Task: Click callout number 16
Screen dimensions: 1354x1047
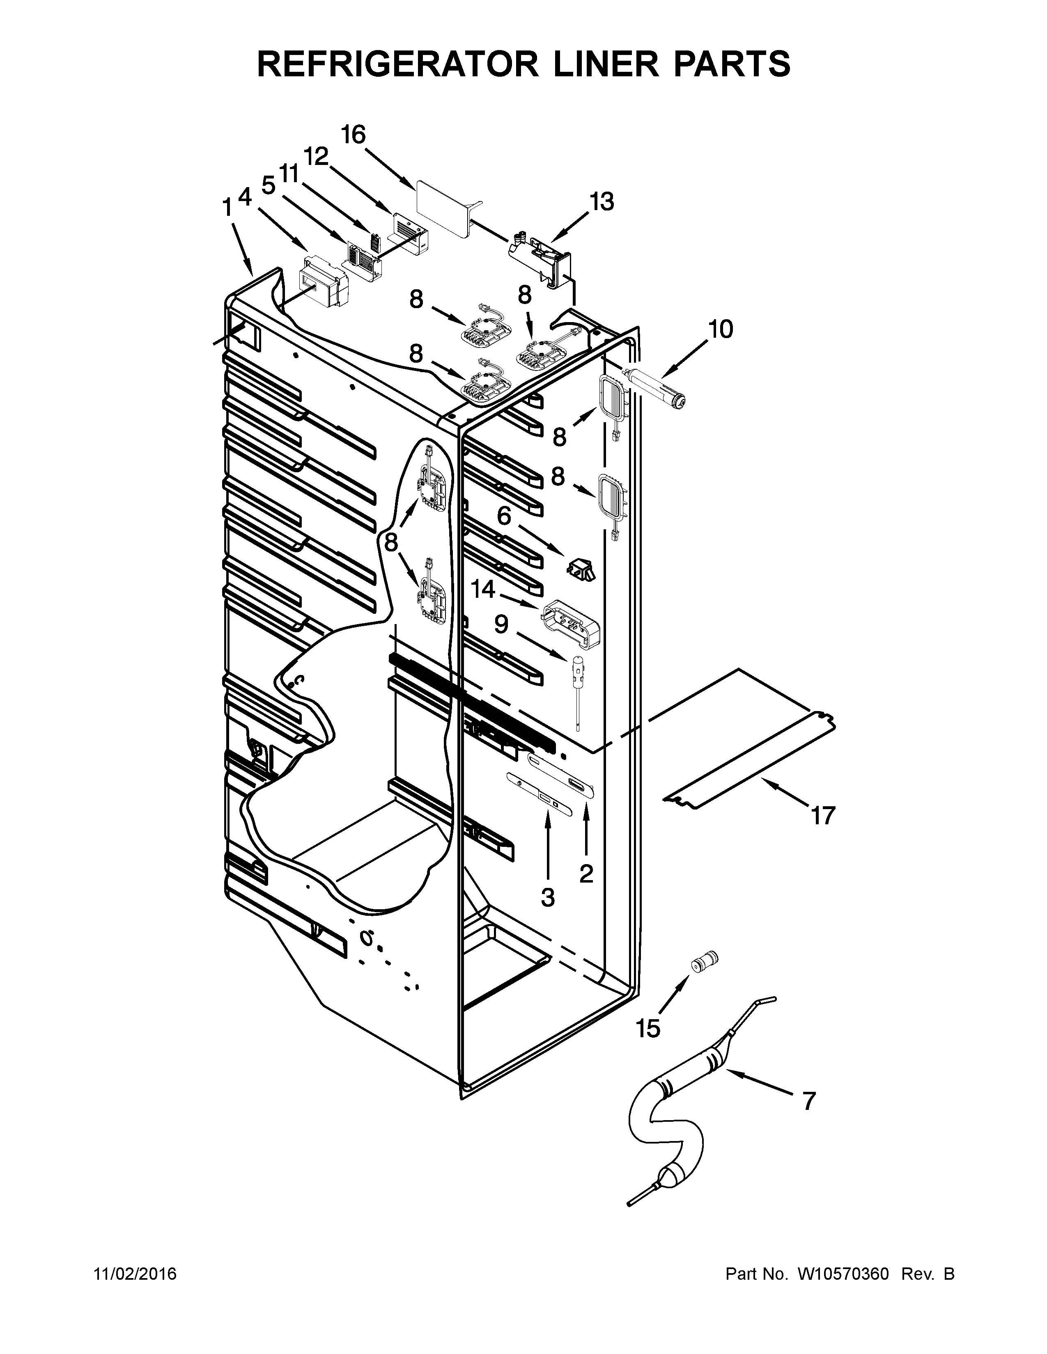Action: [354, 135]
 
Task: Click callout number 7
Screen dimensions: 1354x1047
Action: [808, 1101]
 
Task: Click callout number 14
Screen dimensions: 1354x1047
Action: [483, 589]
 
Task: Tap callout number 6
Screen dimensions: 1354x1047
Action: [504, 516]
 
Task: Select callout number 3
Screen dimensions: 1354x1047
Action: [547, 897]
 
